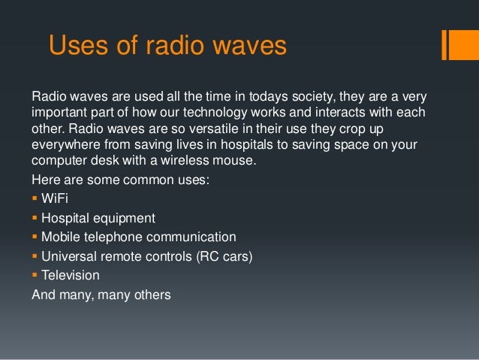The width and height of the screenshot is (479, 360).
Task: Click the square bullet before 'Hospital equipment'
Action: (x=35, y=219)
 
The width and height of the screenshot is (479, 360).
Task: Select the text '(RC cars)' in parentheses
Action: (x=224, y=256)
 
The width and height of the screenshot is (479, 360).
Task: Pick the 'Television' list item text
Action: (x=71, y=276)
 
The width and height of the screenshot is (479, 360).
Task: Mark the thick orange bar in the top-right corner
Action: (x=454, y=45)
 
